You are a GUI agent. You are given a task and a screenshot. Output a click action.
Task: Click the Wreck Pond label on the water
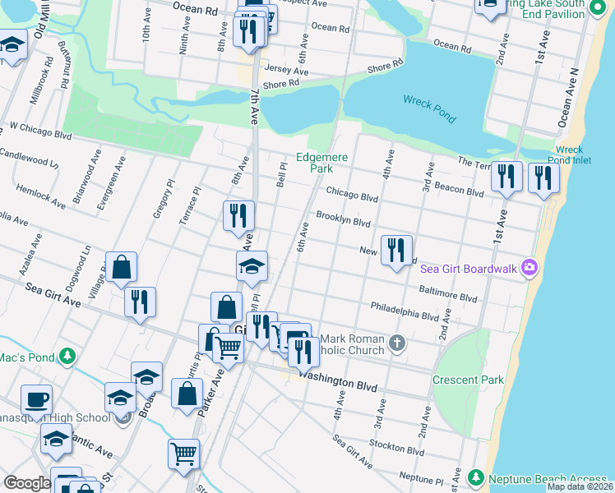[428, 108]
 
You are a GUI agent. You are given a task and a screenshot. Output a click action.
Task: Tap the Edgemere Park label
[322, 163]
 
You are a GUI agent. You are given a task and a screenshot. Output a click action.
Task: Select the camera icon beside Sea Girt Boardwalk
[530, 267]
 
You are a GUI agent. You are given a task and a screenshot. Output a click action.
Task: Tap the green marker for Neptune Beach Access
[475, 477]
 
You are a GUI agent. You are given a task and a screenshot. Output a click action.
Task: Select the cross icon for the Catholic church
[397, 342]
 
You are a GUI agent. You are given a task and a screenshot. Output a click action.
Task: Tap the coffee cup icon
[36, 400]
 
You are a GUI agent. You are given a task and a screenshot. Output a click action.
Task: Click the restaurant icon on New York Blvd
[396, 247]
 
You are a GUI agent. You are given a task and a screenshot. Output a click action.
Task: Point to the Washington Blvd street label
[337, 384]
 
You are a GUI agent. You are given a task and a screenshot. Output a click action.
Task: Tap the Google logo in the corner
[26, 483]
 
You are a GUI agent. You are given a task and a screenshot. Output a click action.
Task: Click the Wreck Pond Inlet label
[569, 155]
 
